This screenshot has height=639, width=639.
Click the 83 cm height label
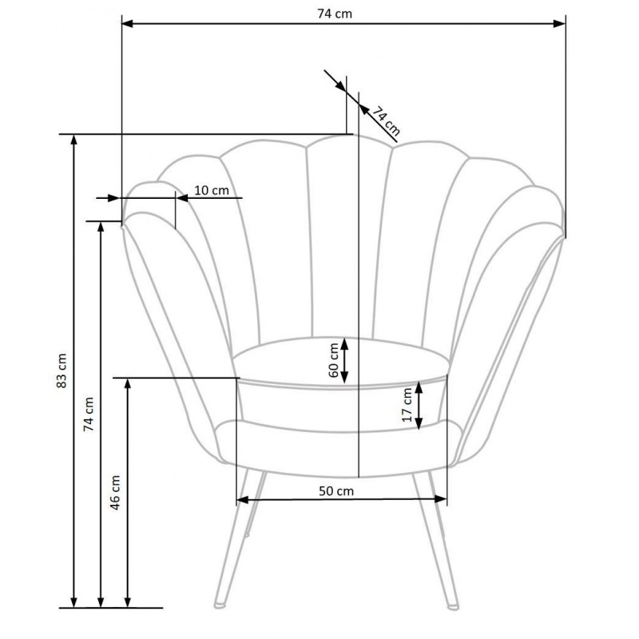62,371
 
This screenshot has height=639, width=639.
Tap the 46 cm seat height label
116,492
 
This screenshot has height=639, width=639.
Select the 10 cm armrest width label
212,190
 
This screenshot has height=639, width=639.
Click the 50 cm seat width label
336,491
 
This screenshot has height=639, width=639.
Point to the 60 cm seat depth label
333,360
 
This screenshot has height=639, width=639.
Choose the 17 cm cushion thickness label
407,405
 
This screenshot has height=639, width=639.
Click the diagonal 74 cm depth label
386,121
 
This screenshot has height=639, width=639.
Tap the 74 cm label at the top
335,14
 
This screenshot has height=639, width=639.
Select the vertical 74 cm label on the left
89,414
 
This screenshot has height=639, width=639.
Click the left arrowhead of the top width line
128,24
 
